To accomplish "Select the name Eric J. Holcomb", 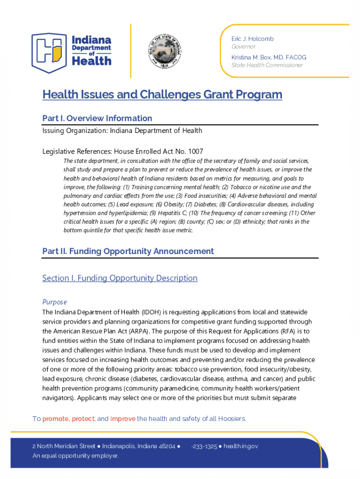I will click(x=252, y=39).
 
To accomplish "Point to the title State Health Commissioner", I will click(x=267, y=65).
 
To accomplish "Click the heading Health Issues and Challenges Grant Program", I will click(x=162, y=94).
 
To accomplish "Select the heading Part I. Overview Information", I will click(x=97, y=118).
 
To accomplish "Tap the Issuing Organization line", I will click(x=122, y=131).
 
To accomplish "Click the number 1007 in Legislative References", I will click(x=194, y=151).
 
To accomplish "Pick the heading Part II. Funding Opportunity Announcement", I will click(x=128, y=251).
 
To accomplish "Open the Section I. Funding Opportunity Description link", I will click(x=120, y=278).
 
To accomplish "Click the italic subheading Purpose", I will click(x=55, y=302).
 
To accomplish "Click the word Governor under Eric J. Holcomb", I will click(x=244, y=47).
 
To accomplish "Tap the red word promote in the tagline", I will click(x=56, y=419).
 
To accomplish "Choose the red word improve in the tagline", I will click(x=123, y=419).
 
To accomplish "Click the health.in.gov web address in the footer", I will click(x=240, y=446).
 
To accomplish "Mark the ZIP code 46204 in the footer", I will click(x=167, y=446).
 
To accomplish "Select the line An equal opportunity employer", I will click(x=76, y=456).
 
